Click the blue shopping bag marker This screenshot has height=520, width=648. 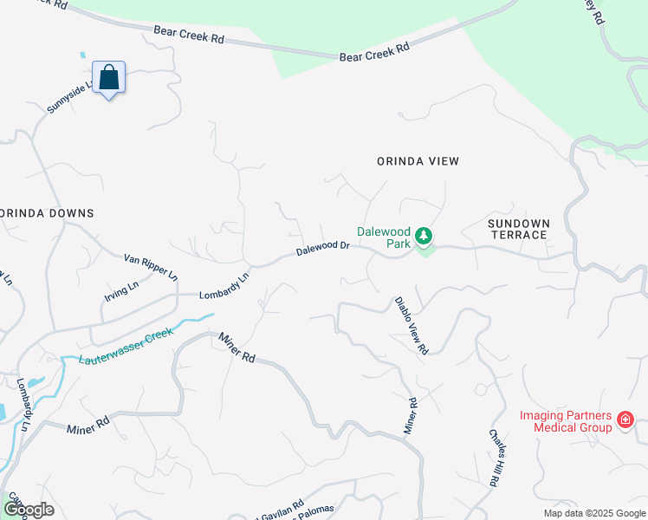[109, 77]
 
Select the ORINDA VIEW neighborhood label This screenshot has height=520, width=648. [418, 161]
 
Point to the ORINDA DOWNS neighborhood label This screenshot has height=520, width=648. [47, 213]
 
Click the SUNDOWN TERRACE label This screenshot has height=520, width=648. [518, 229]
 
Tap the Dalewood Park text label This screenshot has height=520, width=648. [385, 237]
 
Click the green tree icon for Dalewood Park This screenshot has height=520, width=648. [424, 236]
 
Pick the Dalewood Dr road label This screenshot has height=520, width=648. [322, 248]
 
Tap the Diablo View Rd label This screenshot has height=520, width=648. [411, 326]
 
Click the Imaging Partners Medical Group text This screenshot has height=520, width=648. [566, 421]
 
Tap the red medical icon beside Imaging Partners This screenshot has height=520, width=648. [625, 421]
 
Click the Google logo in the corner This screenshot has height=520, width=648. [29, 510]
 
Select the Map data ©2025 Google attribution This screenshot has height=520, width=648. [594, 513]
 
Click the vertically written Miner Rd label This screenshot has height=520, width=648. [411, 416]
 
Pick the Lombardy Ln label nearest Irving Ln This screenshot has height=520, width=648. [224, 286]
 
